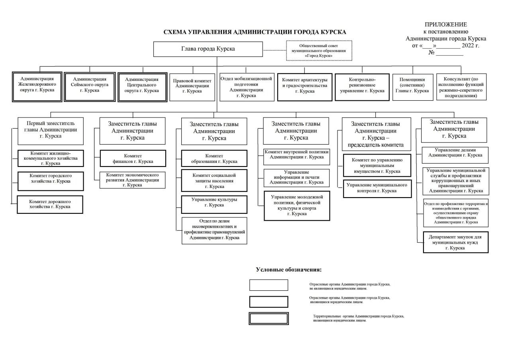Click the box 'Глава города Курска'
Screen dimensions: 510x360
click(x=208, y=49)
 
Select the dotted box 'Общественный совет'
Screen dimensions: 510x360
click(x=319, y=51)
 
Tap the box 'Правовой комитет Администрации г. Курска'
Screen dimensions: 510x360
click(x=192, y=87)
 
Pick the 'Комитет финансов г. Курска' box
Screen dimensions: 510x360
click(x=133, y=158)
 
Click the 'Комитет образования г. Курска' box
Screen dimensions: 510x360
click(x=214, y=158)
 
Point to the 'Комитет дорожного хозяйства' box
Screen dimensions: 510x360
click(x=50, y=205)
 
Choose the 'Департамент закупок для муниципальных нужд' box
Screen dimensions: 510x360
click(x=455, y=242)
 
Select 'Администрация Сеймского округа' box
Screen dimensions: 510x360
click(x=90, y=87)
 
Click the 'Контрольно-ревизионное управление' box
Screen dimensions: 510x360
click(x=362, y=87)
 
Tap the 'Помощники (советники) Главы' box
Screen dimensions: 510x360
click(x=412, y=87)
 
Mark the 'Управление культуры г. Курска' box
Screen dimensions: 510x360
click(x=214, y=205)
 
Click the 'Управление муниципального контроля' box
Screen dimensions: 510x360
click(x=377, y=189)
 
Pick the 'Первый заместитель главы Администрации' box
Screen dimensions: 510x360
click(x=51, y=131)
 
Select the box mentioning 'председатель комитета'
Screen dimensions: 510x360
click(x=377, y=134)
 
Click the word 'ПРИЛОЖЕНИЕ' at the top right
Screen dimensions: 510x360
click(x=446, y=24)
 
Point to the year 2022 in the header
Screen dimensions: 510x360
click(x=468, y=45)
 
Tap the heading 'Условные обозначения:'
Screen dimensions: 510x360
click(x=289, y=270)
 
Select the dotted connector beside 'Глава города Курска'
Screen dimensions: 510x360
click(x=275, y=50)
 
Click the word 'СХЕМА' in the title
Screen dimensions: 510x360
click(x=175, y=32)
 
